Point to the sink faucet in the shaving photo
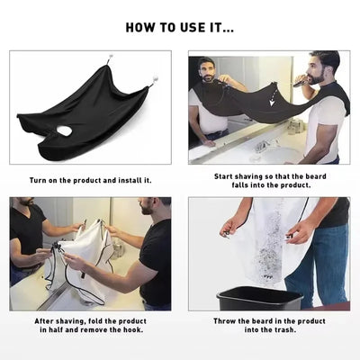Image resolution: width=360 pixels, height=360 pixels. (x=263, y=145)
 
